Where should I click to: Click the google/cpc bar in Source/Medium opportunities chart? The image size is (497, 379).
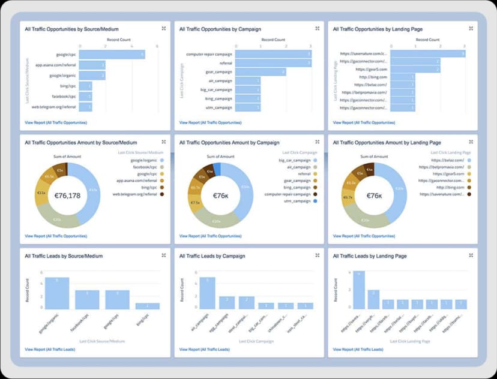pyautogui.click(x=112, y=55)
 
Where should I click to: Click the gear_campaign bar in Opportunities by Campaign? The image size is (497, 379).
pyautogui.click(x=260, y=72)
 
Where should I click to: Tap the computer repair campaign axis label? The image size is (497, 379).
pyautogui.click(x=209, y=55)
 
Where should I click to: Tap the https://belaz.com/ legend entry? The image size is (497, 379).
pyautogui.click(x=446, y=160)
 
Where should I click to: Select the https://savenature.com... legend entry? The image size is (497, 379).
pyautogui.click(x=442, y=194)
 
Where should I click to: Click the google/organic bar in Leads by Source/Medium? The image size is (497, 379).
pyautogui.click(x=57, y=293)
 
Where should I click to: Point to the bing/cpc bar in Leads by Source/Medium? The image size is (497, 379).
pyautogui.click(x=148, y=306)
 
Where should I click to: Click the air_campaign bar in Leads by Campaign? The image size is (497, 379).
pyautogui.click(x=207, y=293)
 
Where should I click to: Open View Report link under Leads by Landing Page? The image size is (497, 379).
pyautogui.click(x=358, y=349)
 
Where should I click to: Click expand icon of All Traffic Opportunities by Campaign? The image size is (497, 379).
pyautogui.click(x=318, y=28)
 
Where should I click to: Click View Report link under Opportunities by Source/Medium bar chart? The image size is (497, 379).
pyautogui.click(x=56, y=122)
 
